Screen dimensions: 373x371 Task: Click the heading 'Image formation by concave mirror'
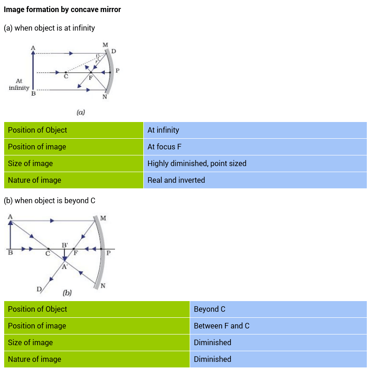click(62, 9)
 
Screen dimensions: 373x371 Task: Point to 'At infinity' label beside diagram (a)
click(19, 84)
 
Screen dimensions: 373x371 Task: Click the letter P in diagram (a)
click(117, 71)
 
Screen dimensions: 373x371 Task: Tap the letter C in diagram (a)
click(66, 77)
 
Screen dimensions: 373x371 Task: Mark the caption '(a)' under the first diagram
click(81, 112)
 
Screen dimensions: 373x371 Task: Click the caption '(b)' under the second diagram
click(67, 293)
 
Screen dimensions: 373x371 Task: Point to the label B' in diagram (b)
click(65, 244)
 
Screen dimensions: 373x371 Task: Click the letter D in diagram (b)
click(39, 289)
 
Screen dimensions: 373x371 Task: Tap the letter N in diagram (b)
click(102, 286)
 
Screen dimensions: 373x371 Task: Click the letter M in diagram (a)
click(105, 45)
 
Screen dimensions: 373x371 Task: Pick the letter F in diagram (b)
click(76, 254)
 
